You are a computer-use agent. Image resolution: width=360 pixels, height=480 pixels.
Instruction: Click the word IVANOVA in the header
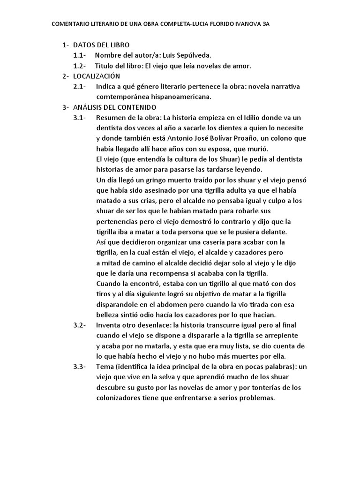pyautogui.click(x=245, y=24)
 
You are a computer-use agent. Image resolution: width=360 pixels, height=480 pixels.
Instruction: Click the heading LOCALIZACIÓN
pyautogui.click(x=97, y=76)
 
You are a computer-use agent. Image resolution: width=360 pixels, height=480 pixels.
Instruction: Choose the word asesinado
pyautogui.click(x=157, y=190)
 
